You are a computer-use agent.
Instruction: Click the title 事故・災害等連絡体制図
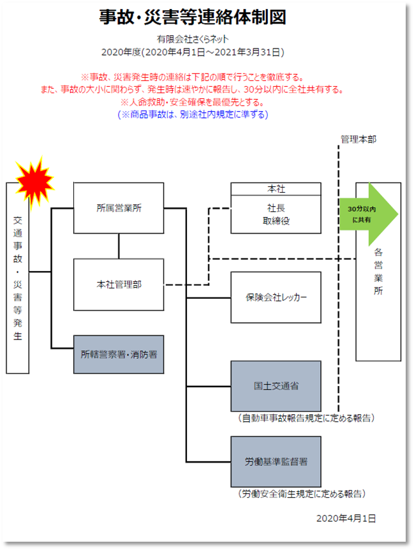tap(192, 17)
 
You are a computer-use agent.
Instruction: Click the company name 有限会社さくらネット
tap(193, 40)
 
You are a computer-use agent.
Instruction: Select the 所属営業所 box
tap(119, 208)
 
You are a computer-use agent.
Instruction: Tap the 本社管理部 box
tap(119, 285)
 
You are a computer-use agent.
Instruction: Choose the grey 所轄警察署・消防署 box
tap(119, 354)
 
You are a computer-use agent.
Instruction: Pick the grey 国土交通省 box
tap(276, 386)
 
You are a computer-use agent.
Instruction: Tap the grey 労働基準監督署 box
tap(276, 461)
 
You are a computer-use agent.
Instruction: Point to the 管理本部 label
tap(358, 139)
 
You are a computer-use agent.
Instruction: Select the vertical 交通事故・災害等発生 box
tap(18, 278)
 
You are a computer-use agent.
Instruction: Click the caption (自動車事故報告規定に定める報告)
tap(306, 419)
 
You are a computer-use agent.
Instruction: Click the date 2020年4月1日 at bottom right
tap(346, 518)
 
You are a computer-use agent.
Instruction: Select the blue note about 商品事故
tap(193, 114)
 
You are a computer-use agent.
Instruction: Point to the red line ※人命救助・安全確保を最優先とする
tap(192, 102)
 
